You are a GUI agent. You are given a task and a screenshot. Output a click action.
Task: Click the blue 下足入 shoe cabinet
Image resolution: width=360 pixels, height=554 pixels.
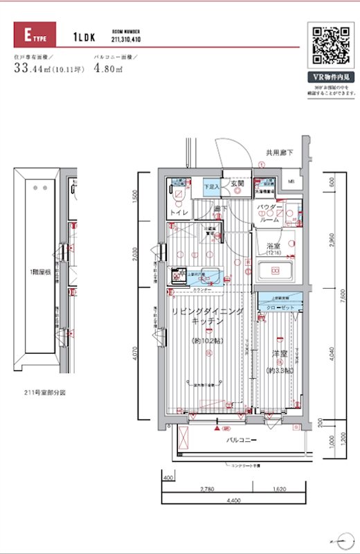(211, 186)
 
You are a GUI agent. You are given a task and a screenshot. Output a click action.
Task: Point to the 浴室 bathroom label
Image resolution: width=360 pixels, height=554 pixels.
(273, 246)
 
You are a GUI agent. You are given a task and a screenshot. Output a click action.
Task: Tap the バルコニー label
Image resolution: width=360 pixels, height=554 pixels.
(242, 440)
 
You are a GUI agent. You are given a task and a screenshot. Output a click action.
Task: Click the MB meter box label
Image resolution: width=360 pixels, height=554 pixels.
(291, 183)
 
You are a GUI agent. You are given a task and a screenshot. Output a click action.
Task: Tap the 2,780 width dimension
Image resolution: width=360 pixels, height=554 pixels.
(206, 489)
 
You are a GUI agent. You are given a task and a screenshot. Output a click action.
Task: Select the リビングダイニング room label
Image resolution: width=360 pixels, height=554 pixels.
(208, 312)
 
